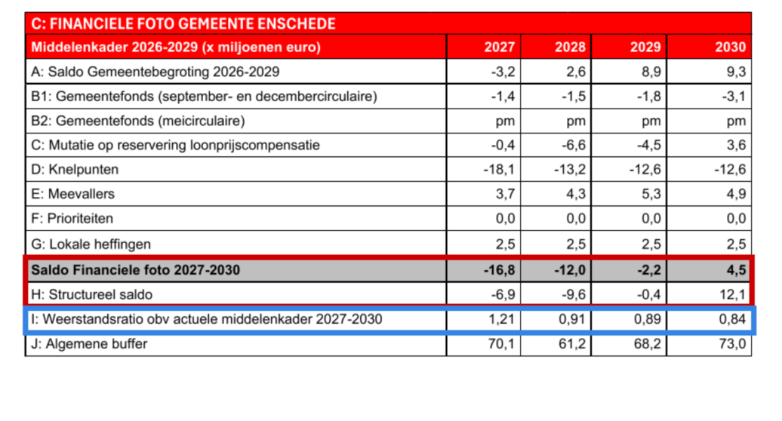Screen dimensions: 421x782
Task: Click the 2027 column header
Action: point(499,48)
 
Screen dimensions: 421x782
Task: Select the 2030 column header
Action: point(730,48)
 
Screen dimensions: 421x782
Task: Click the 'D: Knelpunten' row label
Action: point(75,169)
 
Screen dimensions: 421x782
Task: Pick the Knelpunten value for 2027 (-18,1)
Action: point(500,169)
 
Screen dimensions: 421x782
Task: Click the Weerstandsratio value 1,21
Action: point(501,319)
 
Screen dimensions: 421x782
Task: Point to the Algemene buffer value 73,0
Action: point(731,344)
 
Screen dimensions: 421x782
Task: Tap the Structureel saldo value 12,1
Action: point(731,294)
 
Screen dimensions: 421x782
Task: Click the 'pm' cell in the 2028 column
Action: point(576,121)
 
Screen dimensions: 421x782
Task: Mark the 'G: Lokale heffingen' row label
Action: point(91,244)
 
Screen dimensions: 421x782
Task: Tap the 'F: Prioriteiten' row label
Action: point(72,219)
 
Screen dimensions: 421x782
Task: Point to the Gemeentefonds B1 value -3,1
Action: point(731,96)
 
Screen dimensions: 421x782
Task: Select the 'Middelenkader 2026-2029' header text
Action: point(176,48)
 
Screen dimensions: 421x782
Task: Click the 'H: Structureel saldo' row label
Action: point(92,294)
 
